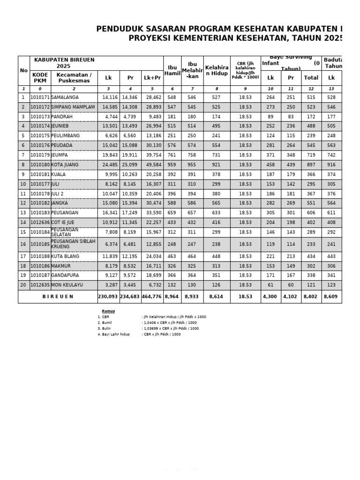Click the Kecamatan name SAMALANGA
(x=65, y=97)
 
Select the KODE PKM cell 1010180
(x=40, y=165)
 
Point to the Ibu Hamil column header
(x=172, y=70)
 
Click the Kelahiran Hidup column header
(x=217, y=70)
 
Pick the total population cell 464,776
(x=152, y=297)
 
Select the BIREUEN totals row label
(x=58, y=297)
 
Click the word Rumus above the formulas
(x=108, y=311)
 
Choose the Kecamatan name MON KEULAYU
(x=68, y=285)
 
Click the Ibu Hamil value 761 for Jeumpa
(x=172, y=155)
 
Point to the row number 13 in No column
(x=22, y=213)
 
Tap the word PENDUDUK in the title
(x=119, y=29)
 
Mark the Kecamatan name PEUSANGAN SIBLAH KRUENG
(x=73, y=244)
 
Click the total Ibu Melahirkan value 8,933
(x=192, y=297)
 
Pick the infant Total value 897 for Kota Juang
(x=311, y=165)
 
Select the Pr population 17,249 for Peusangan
(x=130, y=213)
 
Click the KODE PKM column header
(x=40, y=78)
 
